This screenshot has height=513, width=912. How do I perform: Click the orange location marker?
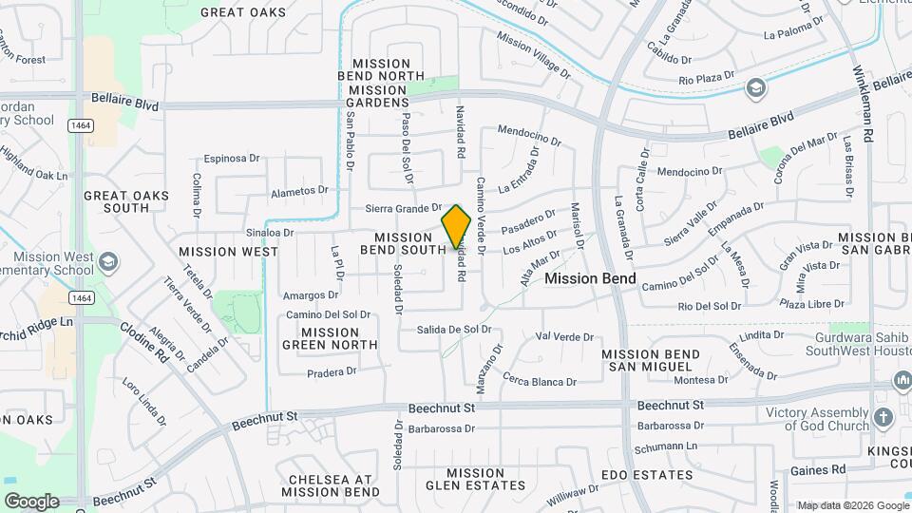[456, 227]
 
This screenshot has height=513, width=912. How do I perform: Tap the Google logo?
[31, 502]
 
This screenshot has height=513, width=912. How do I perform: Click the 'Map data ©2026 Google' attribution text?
[852, 505]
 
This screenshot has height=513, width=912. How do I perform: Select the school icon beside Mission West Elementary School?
[109, 261]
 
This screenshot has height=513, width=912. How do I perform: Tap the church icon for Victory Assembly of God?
[883, 417]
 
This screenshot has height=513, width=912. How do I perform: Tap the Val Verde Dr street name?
[564, 336]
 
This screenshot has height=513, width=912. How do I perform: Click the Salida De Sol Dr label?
[453, 329]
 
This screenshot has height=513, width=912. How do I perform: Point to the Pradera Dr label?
[331, 371]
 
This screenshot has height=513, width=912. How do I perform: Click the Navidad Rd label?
[461, 131]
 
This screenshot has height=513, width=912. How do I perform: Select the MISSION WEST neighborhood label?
[228, 252]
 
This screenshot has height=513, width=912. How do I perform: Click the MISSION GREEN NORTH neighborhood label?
[329, 338]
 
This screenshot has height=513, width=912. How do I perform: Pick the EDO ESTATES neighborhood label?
[647, 474]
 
